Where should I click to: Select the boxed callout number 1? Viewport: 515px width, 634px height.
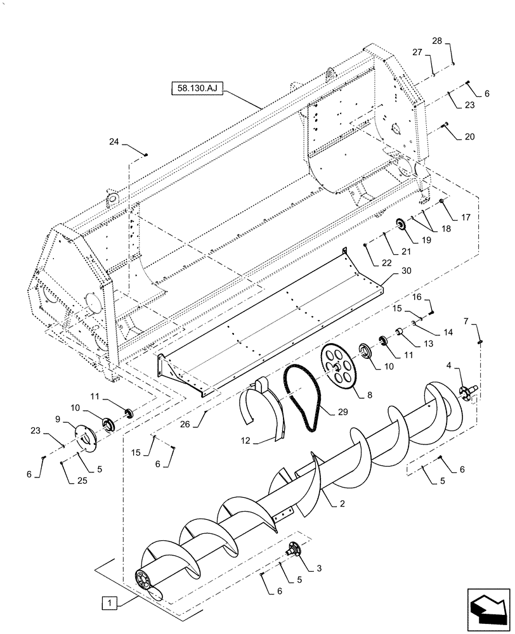[x=110, y=600]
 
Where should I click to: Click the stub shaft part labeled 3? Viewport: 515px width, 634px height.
[x=294, y=549]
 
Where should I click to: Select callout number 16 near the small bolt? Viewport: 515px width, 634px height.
[x=417, y=297]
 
